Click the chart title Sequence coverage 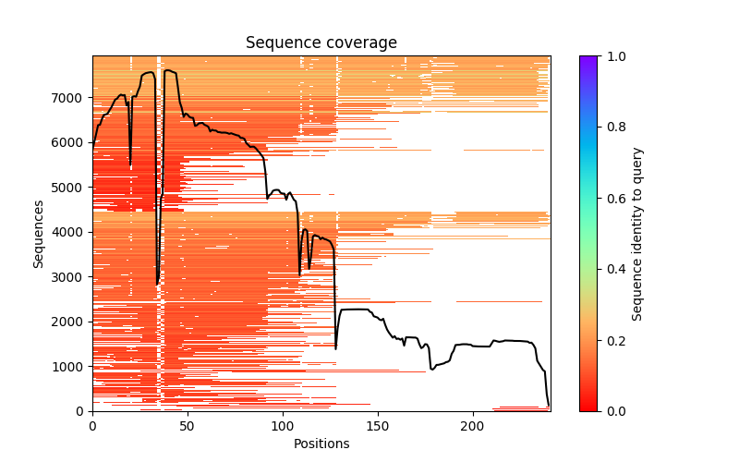click(321, 43)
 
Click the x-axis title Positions click(321, 444)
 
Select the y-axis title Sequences click(39, 233)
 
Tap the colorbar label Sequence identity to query click(637, 233)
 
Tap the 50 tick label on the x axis click(188, 425)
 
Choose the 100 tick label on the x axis click(283, 425)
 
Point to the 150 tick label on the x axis click(377, 425)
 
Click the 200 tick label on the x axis click(472, 425)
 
